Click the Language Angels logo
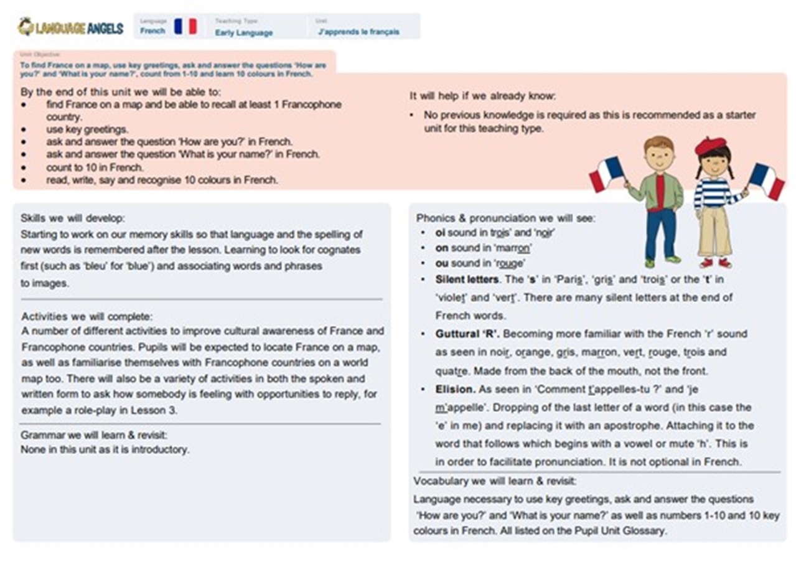click(x=70, y=27)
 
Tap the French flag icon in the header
click(x=185, y=26)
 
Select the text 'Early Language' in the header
click(x=243, y=32)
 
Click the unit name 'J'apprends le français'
click(x=358, y=32)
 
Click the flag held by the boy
click(x=606, y=173)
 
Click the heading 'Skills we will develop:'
click(x=72, y=218)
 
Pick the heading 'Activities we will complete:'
click(x=86, y=316)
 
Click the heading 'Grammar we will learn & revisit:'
click(x=94, y=435)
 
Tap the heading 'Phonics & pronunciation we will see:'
click(x=505, y=218)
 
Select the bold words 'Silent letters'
click(x=467, y=279)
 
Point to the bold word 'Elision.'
click(x=456, y=390)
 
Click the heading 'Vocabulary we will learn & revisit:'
click(x=495, y=481)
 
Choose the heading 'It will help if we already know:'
click(x=482, y=96)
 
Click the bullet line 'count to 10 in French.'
click(x=95, y=167)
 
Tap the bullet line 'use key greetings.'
click(x=87, y=129)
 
